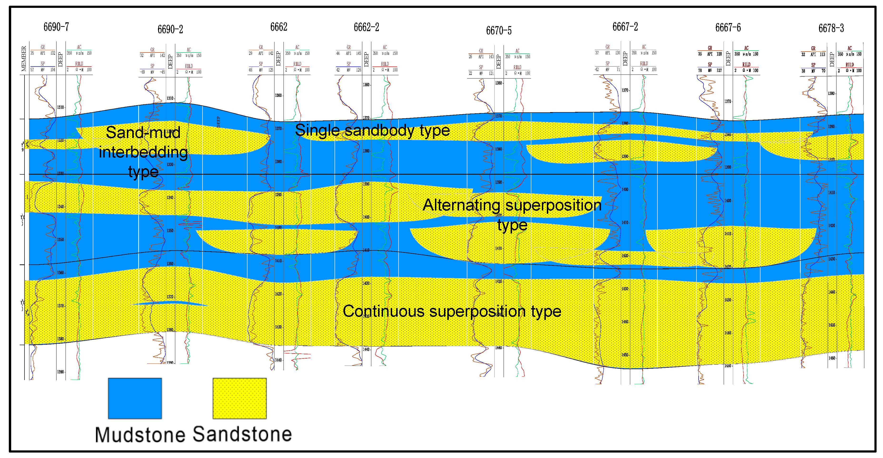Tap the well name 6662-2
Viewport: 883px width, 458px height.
tap(366, 27)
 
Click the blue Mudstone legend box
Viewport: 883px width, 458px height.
tap(135, 398)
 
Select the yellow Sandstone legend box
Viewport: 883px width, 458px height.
tap(239, 398)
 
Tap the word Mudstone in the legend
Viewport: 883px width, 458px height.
tap(140, 435)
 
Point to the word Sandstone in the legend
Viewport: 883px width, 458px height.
tap(242, 434)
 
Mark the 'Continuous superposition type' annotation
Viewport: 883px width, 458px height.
tap(452, 311)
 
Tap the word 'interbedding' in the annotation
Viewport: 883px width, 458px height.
tap(143, 152)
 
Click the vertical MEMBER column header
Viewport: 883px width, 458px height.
tap(24, 59)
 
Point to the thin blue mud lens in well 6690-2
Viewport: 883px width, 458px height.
tap(170, 303)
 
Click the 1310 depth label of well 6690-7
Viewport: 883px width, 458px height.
tap(60, 107)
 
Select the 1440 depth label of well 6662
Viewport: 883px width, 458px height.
tap(278, 360)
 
